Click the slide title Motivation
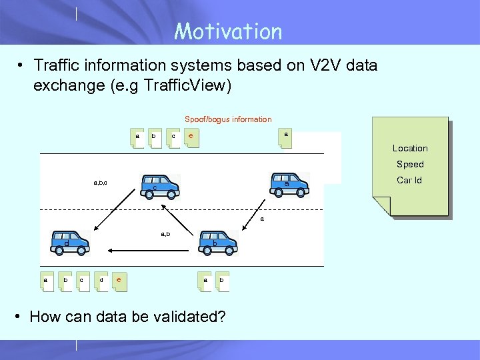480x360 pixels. click(228, 31)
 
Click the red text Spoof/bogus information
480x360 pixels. click(228, 119)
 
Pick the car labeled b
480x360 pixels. click(218, 242)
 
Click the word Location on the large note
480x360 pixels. click(410, 148)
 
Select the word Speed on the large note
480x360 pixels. click(410, 164)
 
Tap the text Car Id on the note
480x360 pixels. click(409, 180)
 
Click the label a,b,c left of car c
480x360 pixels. click(101, 182)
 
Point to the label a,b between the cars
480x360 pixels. click(165, 234)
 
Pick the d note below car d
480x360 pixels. click(101, 281)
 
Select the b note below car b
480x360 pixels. click(223, 281)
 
